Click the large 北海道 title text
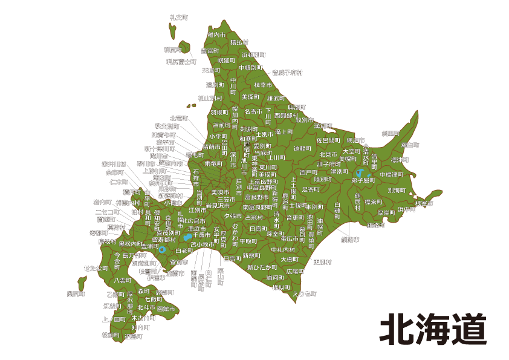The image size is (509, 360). (x=433, y=329)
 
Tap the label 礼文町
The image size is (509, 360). (x=178, y=18)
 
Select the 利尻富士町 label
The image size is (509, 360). (x=181, y=62)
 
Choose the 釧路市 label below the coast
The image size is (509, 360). (x=349, y=240)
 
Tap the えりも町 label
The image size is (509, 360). (x=304, y=293)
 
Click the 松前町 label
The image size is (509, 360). (x=111, y=335)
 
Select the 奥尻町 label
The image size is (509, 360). (x=76, y=293)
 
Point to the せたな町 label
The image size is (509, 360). (x=96, y=268)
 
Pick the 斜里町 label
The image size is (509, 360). (x=391, y=133)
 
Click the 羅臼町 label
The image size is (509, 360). (x=410, y=145)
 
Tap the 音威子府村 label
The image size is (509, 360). (x=287, y=73)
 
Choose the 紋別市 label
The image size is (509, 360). (x=323, y=126)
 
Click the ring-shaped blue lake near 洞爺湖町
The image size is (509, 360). (x=161, y=249)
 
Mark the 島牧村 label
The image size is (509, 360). (x=107, y=241)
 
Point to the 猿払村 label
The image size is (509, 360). (x=239, y=42)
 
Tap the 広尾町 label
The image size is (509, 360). (x=295, y=272)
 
